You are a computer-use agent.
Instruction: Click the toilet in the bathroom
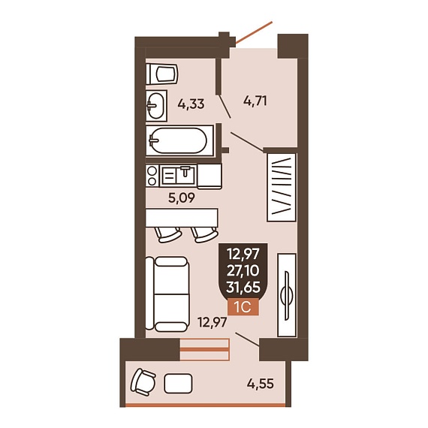[162, 74]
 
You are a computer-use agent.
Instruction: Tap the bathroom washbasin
[156, 106]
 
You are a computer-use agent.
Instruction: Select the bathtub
[179, 140]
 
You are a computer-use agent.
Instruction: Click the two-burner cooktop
[152, 176]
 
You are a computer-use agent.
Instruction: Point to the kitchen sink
[178, 175]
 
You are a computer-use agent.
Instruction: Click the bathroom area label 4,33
[191, 104]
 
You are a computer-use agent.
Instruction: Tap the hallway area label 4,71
[255, 101]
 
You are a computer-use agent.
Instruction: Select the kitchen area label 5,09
[182, 198]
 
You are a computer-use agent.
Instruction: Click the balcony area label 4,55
[260, 384]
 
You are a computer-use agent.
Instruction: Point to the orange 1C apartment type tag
[243, 308]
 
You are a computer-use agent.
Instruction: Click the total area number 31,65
[243, 288]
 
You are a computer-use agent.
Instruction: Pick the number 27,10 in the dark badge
[243, 271]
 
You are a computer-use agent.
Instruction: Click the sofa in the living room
[167, 294]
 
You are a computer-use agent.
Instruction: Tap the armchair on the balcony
[143, 382]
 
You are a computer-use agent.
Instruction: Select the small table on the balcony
[178, 384]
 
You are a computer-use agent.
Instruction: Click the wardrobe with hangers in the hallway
[282, 187]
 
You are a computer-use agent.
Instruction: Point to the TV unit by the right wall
[287, 295]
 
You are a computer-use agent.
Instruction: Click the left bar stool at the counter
[168, 235]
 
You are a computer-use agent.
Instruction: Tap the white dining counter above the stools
[182, 218]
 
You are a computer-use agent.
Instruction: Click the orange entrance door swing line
[254, 32]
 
